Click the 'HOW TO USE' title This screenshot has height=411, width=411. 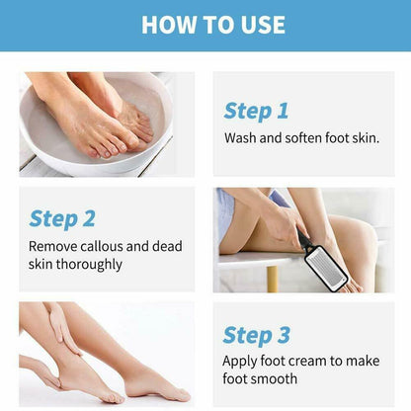(212, 25)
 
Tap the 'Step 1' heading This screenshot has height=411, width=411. (256, 111)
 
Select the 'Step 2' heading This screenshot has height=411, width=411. (61, 218)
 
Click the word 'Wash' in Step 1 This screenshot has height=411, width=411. (241, 138)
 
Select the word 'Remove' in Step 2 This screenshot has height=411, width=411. (51, 246)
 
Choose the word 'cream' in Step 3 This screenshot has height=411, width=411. (311, 362)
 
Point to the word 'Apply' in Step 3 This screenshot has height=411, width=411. (243, 362)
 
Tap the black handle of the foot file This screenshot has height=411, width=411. (306, 241)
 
